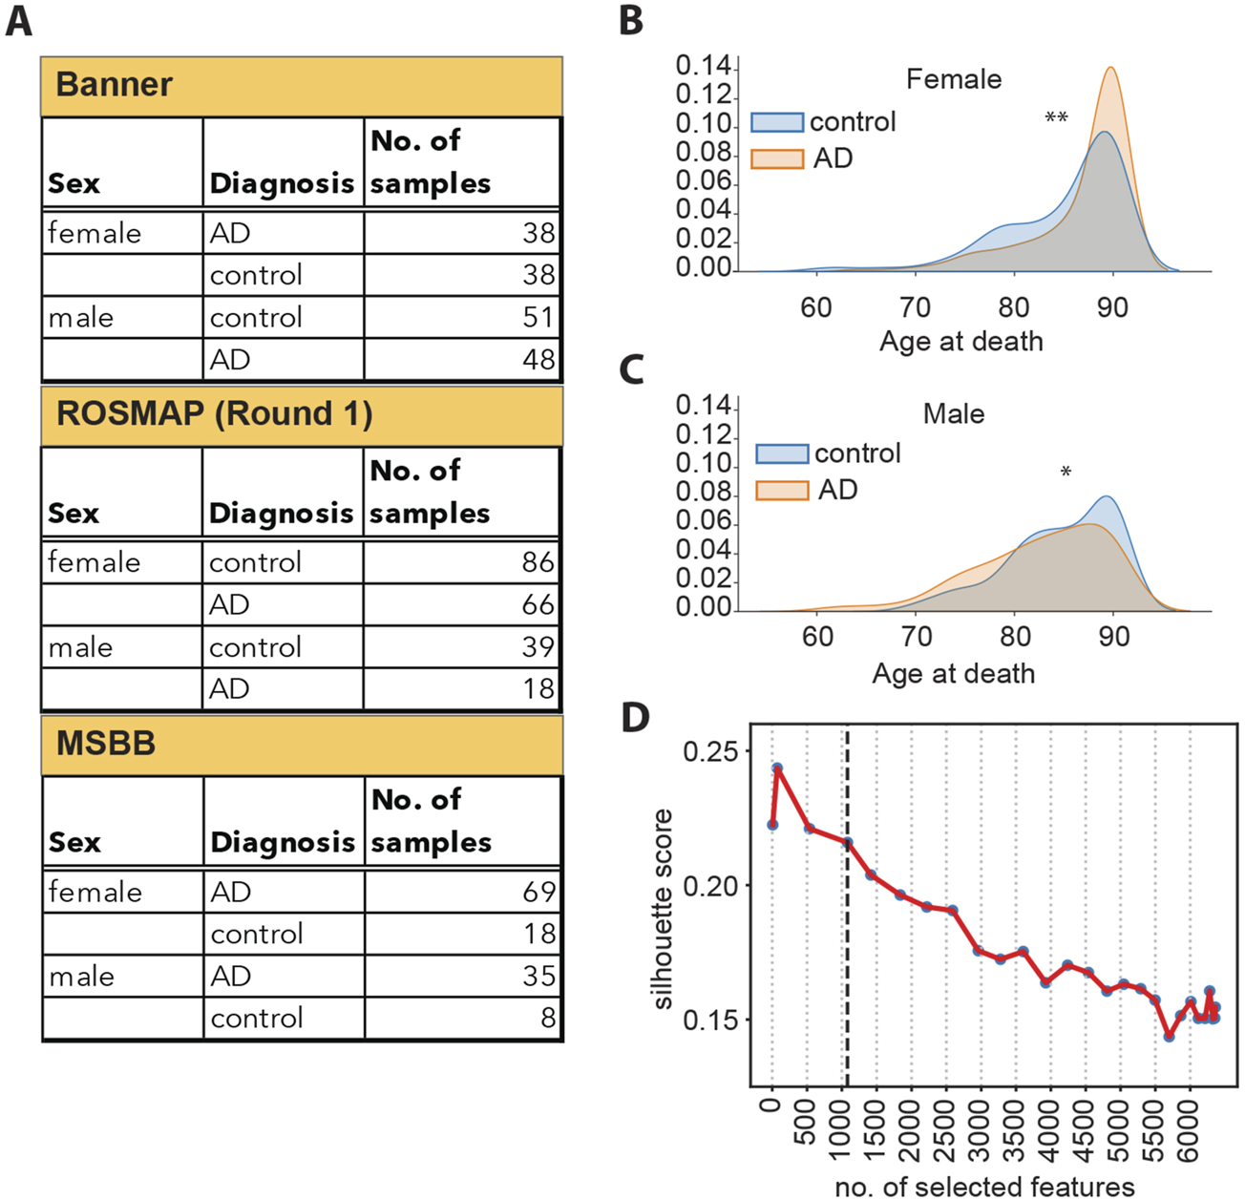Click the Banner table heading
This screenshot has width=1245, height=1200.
pos(114,85)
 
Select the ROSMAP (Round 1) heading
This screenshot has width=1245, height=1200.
pos(214,414)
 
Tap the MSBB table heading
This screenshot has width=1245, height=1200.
pos(105,744)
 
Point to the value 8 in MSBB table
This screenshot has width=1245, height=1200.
pos(547,1018)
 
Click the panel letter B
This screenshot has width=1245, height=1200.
pos(631,21)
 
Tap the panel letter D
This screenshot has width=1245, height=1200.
pos(635,718)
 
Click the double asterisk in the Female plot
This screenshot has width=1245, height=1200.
pos(1056,118)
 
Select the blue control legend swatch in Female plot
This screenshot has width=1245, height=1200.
pos(776,122)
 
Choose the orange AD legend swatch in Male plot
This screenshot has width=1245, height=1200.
pos(781,491)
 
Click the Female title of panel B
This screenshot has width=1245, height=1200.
pos(953,79)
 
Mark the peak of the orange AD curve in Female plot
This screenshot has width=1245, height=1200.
pos(1111,68)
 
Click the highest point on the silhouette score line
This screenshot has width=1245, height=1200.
pos(777,768)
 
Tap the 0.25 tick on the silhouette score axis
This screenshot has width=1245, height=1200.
pos(710,752)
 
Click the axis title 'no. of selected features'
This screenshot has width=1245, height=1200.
pos(984,1187)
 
